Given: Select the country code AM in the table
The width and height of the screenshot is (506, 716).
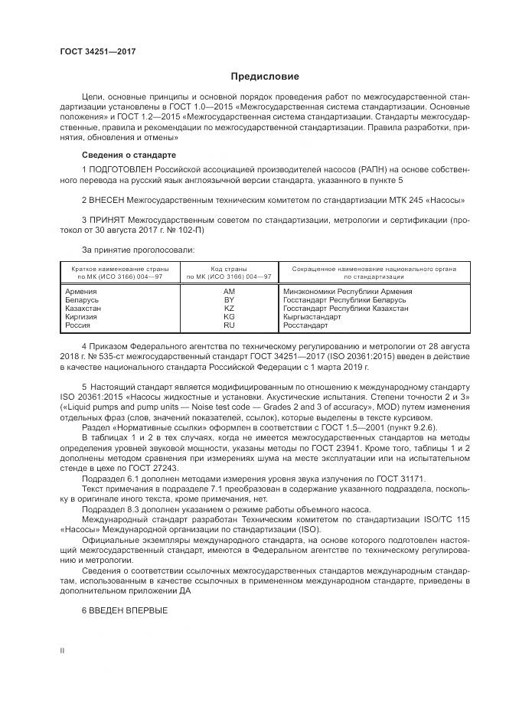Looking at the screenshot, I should tap(228, 291).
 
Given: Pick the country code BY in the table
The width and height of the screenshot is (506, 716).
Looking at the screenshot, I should tap(228, 299).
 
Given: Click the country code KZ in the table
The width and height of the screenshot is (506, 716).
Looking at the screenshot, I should tap(228, 308).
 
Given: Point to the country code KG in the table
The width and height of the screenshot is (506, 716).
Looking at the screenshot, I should tap(228, 316).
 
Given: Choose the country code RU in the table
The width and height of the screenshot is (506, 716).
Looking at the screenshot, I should tap(228, 325).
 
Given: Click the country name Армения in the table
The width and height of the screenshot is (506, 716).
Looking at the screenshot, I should tap(82, 291).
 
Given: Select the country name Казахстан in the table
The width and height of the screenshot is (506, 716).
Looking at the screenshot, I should tap(84, 308).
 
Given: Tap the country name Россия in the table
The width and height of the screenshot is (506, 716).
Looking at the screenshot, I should tap(79, 325).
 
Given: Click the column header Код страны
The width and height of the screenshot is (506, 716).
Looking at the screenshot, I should tap(228, 270).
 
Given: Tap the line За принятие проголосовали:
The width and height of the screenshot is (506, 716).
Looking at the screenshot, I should tap(127, 250).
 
